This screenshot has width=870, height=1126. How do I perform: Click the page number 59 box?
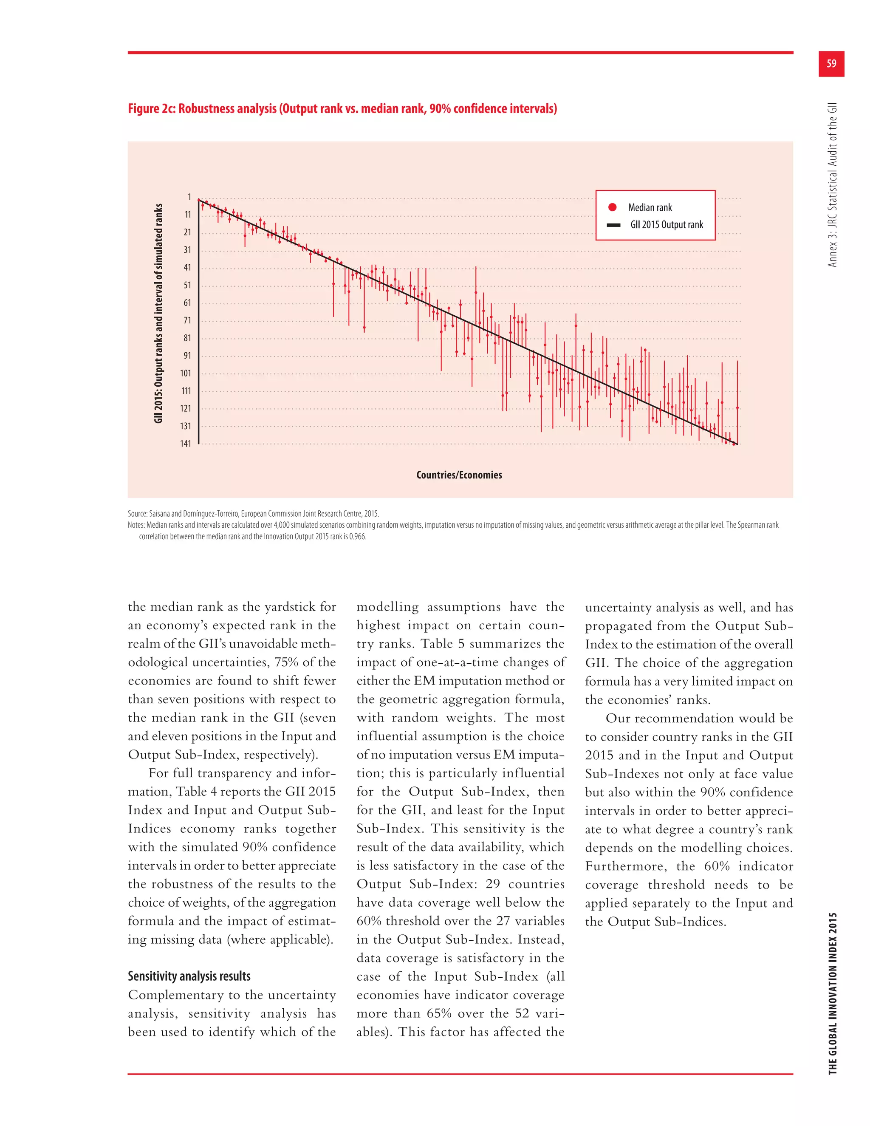point(831,64)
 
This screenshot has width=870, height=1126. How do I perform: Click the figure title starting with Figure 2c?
point(342,109)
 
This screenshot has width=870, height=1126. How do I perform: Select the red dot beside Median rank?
point(612,207)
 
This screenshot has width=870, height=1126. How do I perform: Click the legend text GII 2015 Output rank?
point(667,225)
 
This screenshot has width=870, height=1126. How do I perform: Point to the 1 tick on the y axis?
point(189,197)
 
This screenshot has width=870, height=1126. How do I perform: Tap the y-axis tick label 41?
point(187,268)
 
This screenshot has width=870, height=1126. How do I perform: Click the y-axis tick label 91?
point(187,356)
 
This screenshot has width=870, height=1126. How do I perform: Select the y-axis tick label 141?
point(186,444)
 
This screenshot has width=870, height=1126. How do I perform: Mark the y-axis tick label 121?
point(186,409)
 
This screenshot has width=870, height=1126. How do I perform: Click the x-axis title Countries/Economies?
point(459,475)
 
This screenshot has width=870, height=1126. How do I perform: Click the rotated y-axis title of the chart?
point(159,314)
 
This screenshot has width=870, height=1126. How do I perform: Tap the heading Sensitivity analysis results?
point(189,976)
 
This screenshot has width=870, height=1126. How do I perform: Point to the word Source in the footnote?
point(137,514)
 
